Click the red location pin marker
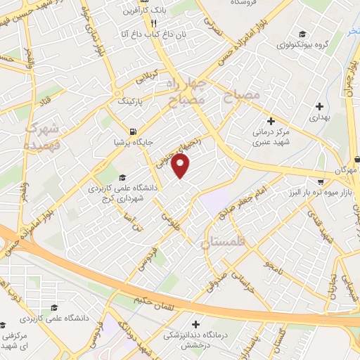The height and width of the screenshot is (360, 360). coord(181,166)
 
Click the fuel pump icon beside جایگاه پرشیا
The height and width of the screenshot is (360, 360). coord(133,131)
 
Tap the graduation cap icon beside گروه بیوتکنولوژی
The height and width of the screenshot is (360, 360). coord(302,34)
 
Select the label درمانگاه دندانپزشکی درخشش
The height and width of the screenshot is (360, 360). coord(176,341)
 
